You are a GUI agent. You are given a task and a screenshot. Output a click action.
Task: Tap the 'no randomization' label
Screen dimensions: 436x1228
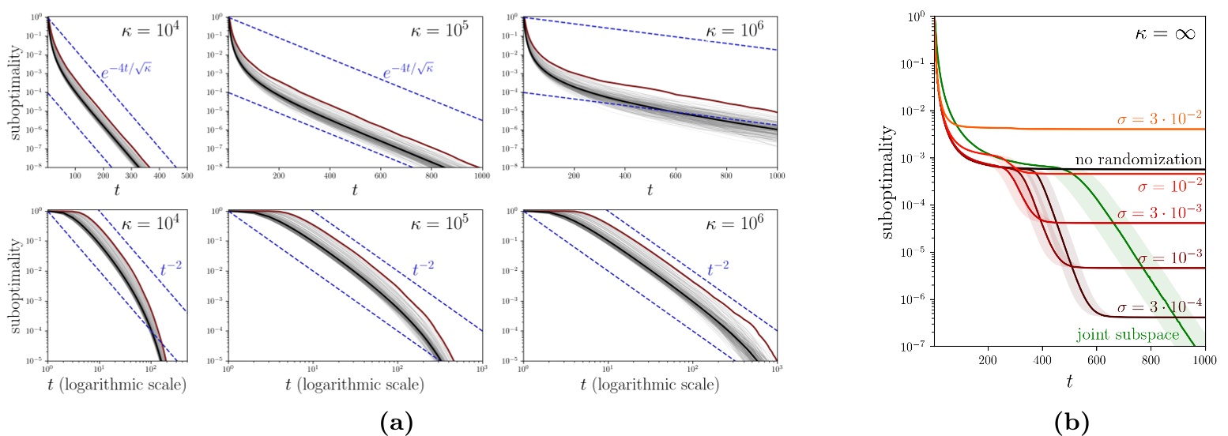coord(1138,160)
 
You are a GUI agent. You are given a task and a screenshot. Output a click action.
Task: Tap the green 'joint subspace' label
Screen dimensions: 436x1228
coord(1128,335)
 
